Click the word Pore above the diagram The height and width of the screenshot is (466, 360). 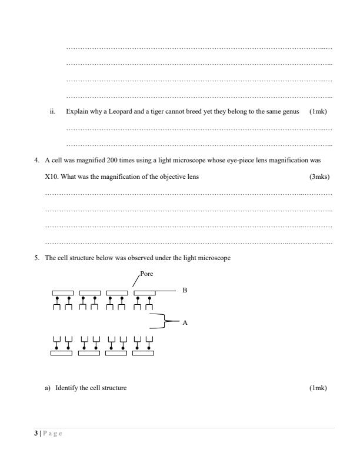tap(146, 274)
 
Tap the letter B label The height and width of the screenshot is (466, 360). tap(185, 290)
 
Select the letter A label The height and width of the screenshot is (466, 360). tap(185, 322)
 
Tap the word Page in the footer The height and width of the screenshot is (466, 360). tap(52, 434)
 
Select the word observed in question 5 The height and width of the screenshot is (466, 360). tap(132, 258)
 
